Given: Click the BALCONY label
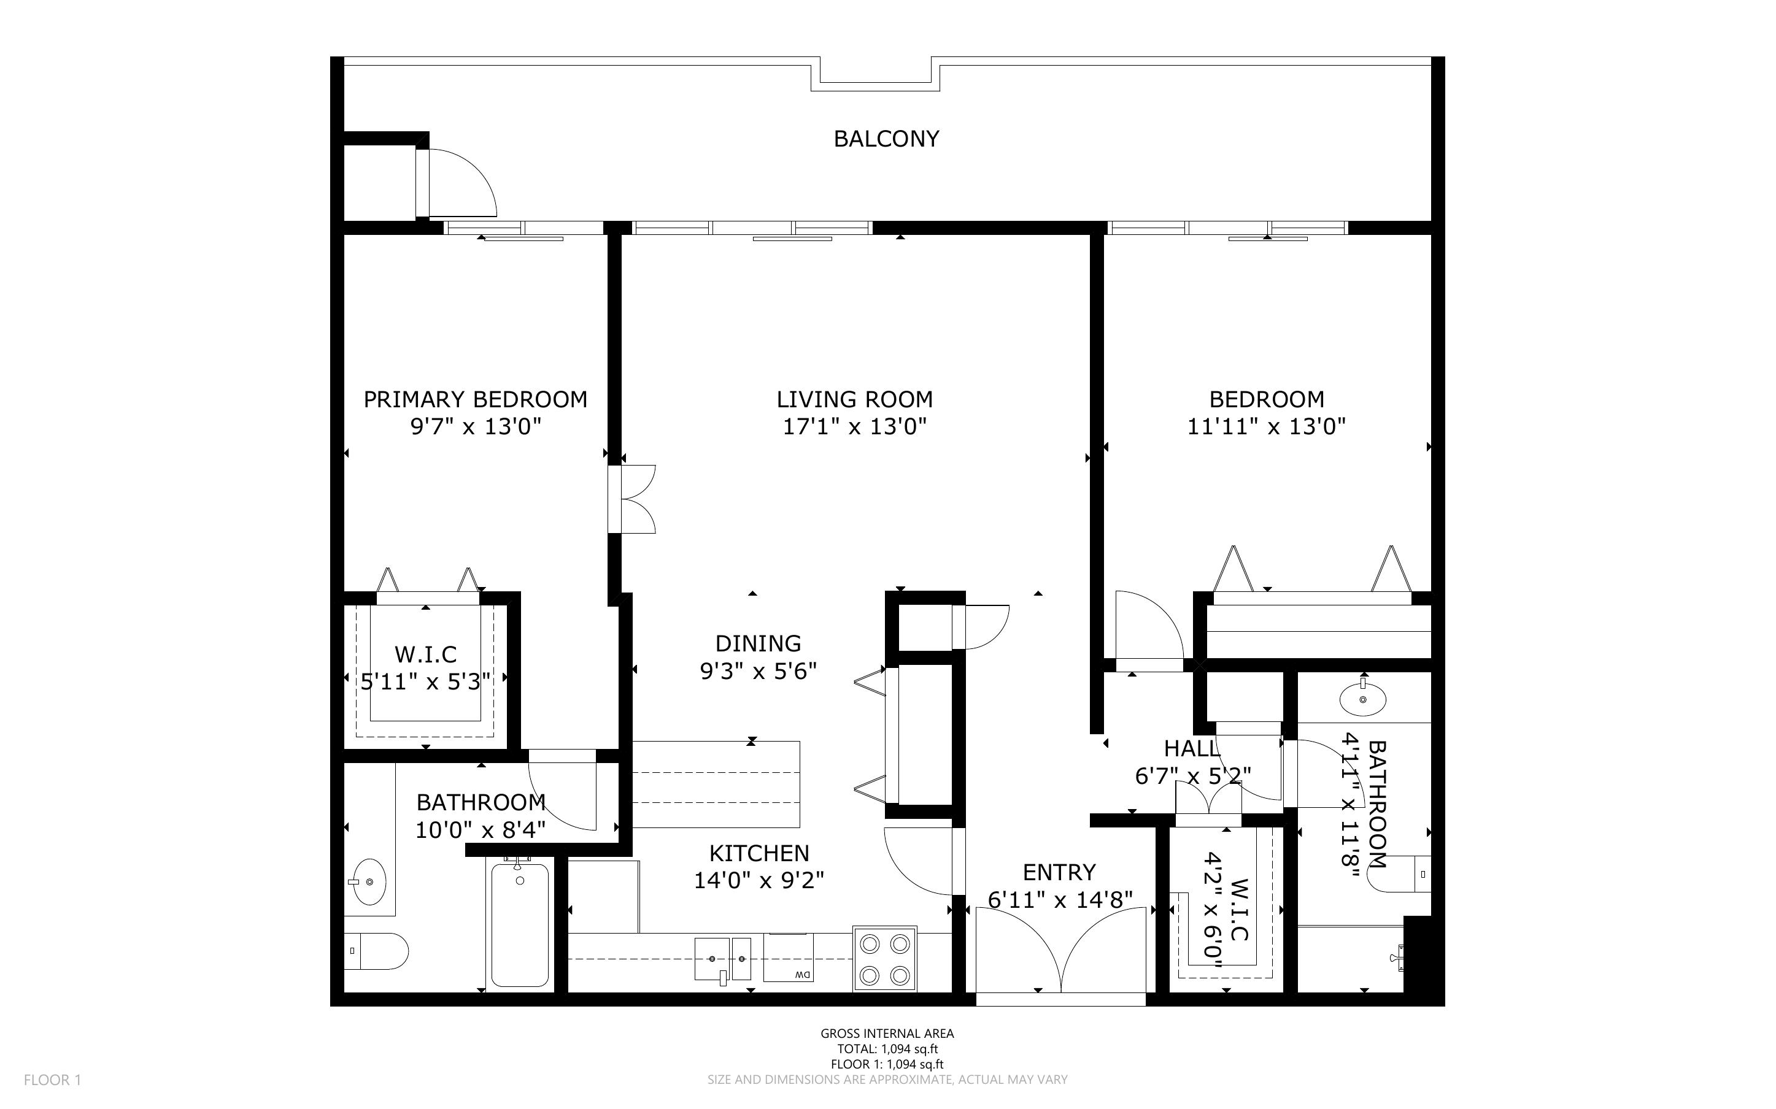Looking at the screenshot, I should [886, 139].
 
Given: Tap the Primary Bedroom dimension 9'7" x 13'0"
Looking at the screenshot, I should [476, 426].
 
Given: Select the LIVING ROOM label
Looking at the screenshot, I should [855, 400].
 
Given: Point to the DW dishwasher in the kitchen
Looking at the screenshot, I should [789, 958].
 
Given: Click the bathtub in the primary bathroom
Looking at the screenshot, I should [519, 925].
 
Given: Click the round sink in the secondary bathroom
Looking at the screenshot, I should [1362, 699].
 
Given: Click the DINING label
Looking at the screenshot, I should [758, 643].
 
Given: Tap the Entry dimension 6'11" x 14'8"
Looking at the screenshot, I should [1060, 899].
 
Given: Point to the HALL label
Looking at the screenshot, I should [1191, 749].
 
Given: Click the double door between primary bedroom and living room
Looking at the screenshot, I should [635, 499].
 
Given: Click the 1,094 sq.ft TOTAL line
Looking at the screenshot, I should [887, 1049].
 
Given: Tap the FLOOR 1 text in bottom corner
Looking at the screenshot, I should [52, 1080].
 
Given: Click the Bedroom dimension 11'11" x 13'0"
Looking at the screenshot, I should [1266, 426].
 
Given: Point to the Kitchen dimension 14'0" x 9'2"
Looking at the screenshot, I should [759, 880].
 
